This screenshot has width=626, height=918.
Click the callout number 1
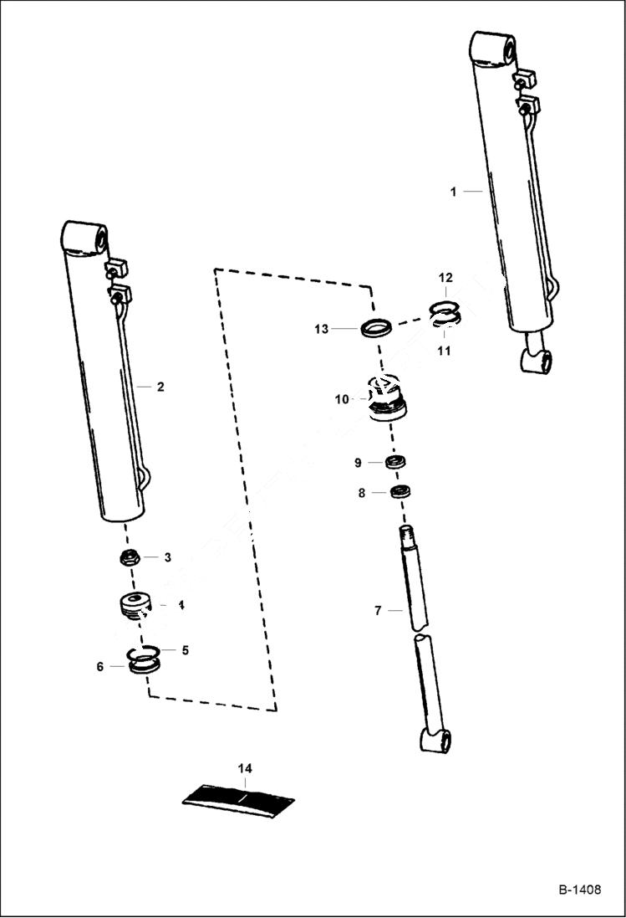[x=453, y=192]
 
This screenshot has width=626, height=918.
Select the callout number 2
[x=160, y=387]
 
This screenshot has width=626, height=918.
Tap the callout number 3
[x=167, y=557]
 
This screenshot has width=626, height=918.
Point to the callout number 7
[x=378, y=611]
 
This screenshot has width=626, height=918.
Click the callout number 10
[x=342, y=399]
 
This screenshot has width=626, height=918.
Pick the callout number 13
[x=322, y=330]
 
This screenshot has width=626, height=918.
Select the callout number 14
[x=244, y=767]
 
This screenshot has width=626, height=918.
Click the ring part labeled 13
[x=377, y=326]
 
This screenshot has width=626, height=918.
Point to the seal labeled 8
[x=401, y=492]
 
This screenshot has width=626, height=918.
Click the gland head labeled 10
[x=386, y=401]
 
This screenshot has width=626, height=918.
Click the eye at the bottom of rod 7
[x=437, y=741]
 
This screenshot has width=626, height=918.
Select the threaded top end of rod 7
[x=406, y=535]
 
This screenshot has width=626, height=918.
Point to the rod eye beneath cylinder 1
[x=536, y=362]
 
